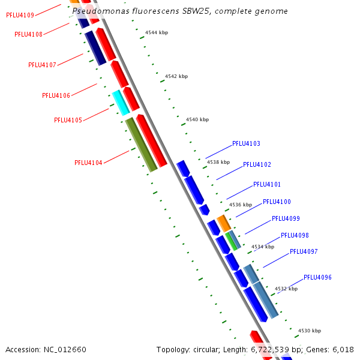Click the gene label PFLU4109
(19, 15)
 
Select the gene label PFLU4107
(42, 65)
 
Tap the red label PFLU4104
(88, 163)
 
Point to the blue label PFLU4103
(246, 144)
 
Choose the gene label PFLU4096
(317, 277)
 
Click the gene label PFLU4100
(277, 202)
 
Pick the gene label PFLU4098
(295, 235)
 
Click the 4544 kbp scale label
(157, 32)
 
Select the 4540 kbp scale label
(197, 119)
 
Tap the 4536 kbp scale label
(241, 205)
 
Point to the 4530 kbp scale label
(310, 331)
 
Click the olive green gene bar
(141, 144)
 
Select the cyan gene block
(121, 102)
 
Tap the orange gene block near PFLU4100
(223, 223)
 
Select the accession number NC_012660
(64, 349)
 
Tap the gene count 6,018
(343, 349)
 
